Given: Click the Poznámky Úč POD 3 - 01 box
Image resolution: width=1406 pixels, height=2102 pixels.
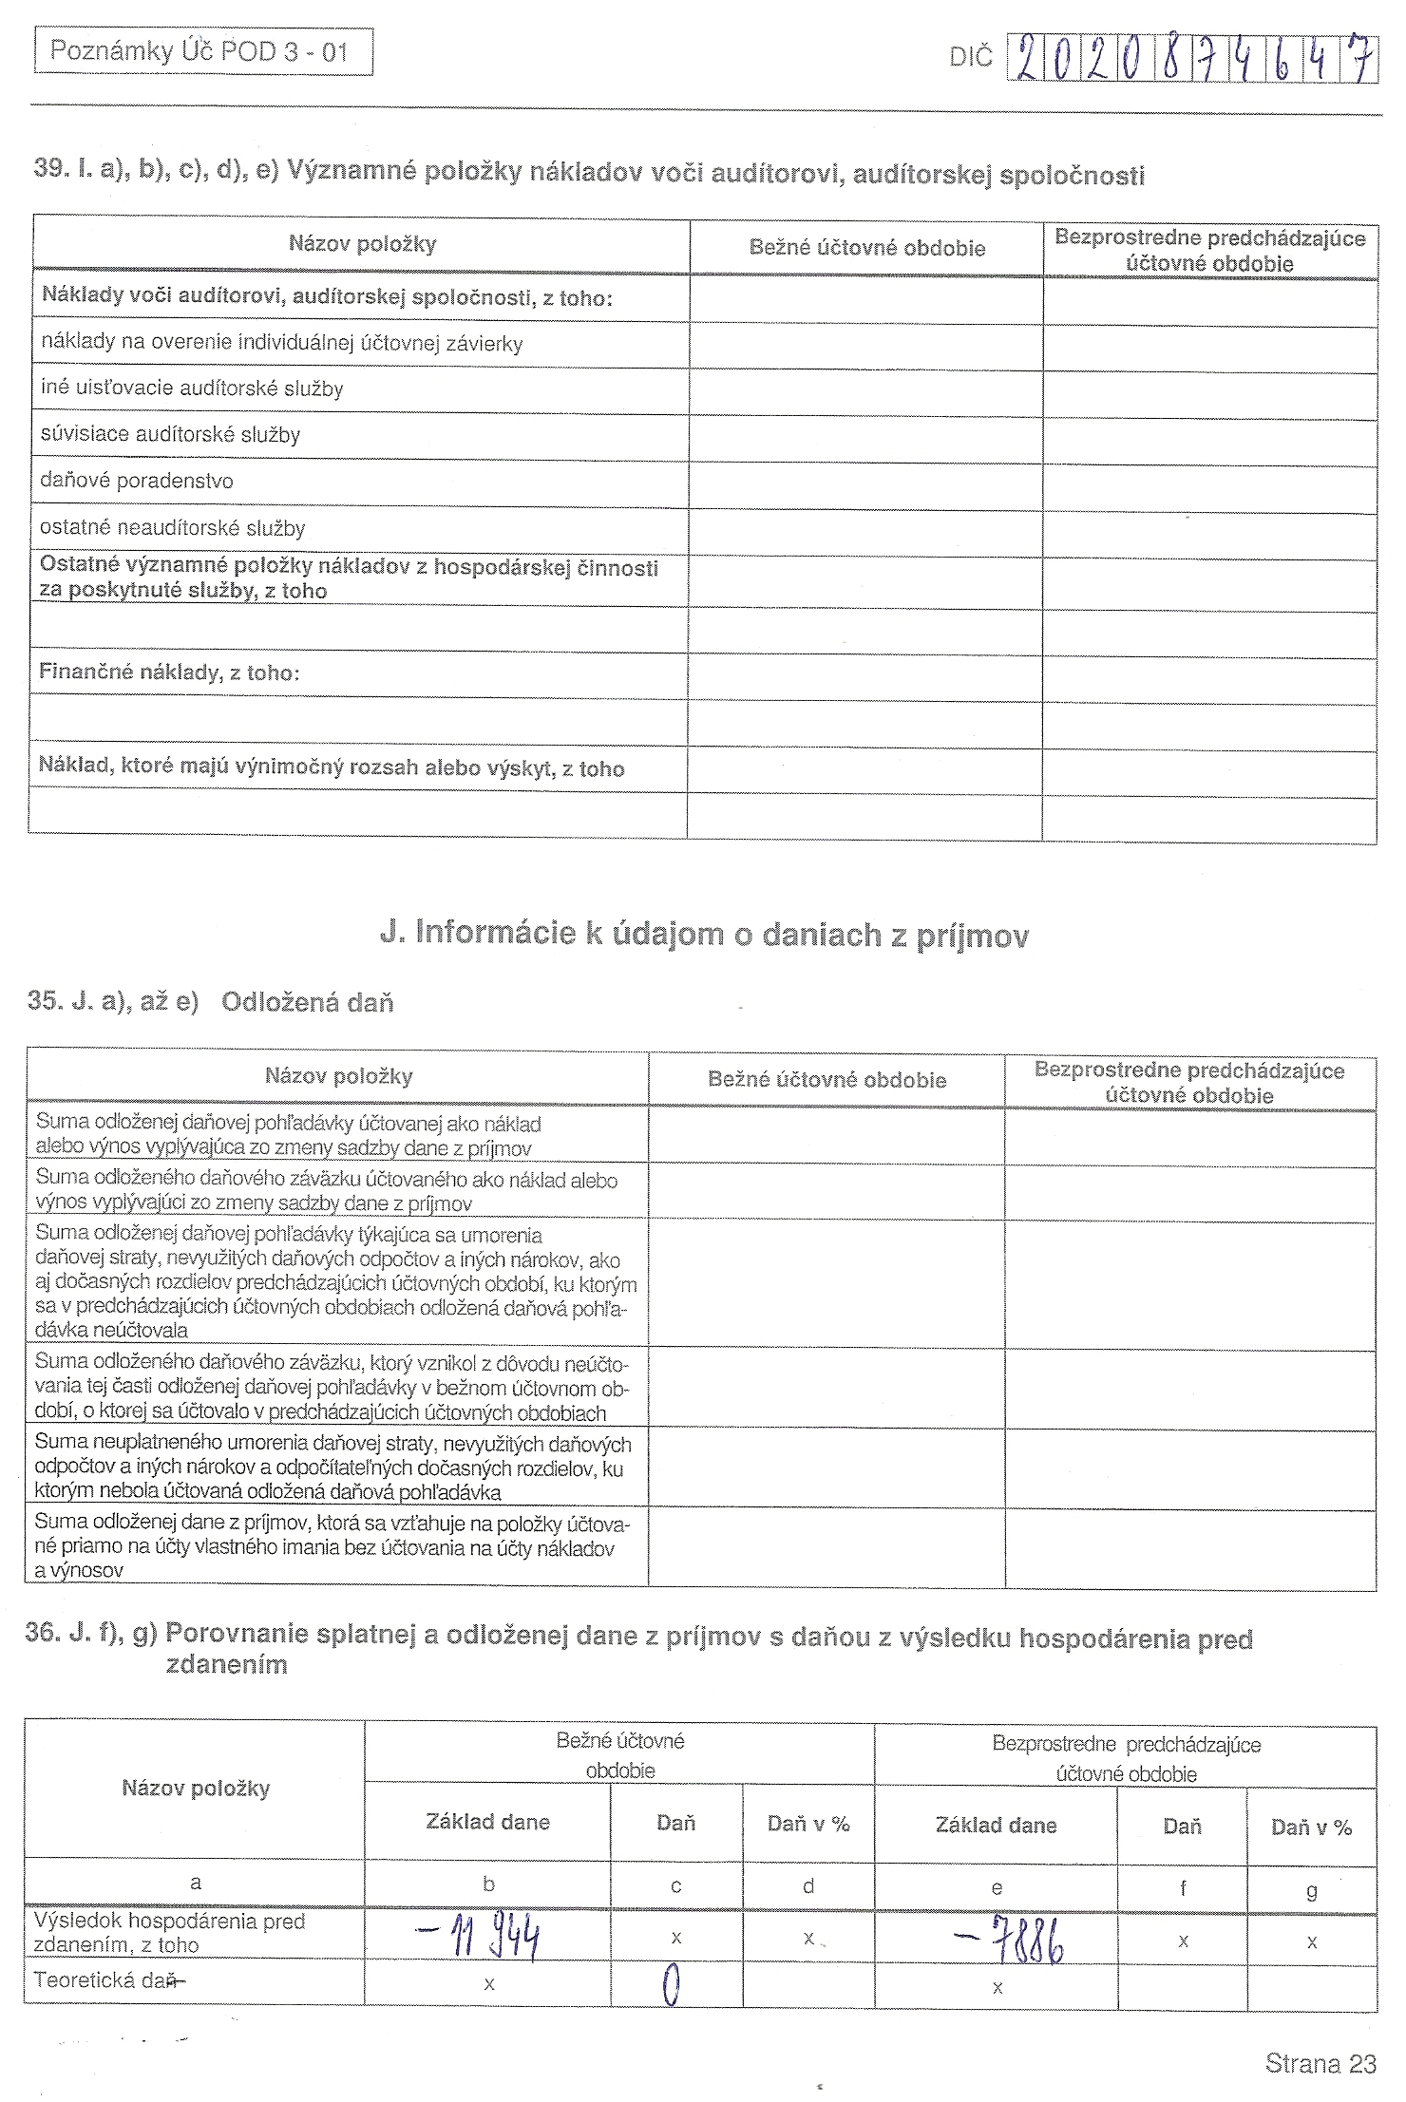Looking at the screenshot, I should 202,51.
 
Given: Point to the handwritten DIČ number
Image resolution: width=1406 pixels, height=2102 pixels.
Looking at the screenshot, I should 1191,60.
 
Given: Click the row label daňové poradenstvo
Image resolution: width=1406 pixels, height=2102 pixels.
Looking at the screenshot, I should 137,481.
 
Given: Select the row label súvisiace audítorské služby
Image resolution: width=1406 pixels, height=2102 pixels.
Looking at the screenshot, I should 170,435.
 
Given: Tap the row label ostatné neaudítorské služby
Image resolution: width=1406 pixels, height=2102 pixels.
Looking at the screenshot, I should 173,528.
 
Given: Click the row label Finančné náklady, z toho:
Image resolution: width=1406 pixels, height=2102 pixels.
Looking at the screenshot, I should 169,672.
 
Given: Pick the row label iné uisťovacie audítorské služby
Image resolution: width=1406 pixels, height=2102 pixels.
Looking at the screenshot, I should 192,388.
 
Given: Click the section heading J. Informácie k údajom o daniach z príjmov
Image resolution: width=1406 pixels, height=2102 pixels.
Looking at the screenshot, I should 704,934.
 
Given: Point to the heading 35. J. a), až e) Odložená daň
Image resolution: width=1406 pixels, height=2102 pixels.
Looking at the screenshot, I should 210,1002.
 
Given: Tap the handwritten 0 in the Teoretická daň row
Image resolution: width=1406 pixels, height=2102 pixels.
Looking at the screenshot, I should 673,1985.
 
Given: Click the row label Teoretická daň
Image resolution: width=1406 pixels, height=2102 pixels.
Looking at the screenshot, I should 106,1980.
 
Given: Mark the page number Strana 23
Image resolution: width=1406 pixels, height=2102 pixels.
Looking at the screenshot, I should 1320,2063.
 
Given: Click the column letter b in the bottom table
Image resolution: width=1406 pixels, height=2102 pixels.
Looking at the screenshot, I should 488,1884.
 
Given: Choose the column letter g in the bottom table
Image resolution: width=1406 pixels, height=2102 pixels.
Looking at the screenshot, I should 1311,1890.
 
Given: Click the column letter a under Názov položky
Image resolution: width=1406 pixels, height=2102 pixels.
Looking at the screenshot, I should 196,1883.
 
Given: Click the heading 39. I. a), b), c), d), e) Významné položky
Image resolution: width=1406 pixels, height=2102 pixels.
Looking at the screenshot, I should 589,173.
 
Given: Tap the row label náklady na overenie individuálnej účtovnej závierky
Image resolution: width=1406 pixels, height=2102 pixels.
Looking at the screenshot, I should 281,343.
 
